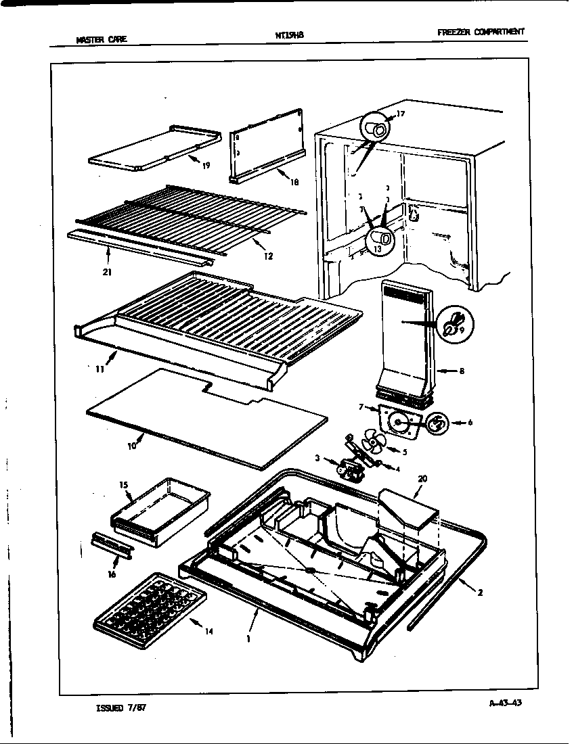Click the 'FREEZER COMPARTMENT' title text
481,32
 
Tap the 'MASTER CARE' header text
101,39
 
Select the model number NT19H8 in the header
285,35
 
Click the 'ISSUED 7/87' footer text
122,707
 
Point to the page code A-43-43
504,702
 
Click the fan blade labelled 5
372,443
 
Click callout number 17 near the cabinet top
400,114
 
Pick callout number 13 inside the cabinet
377,249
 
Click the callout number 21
108,272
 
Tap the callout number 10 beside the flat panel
133,445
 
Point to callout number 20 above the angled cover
422,479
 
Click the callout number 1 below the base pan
248,638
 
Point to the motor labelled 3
350,467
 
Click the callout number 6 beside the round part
470,423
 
